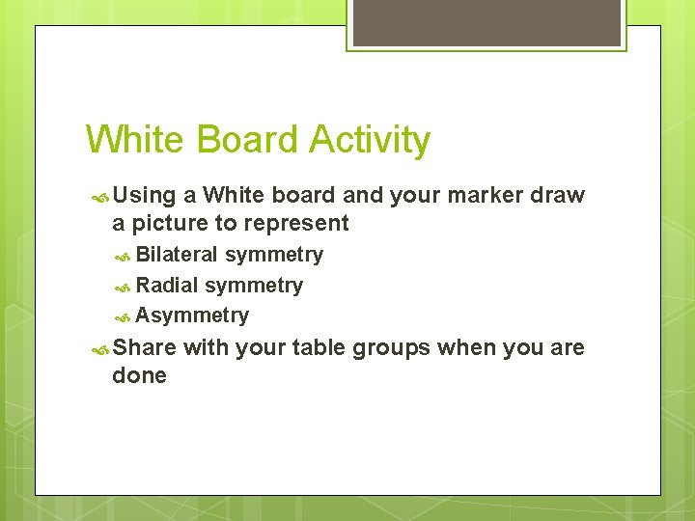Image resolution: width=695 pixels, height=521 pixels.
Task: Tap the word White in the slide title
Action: (x=136, y=140)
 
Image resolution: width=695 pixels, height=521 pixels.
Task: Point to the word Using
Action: (x=144, y=196)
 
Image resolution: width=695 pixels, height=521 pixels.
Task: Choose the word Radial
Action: (x=167, y=286)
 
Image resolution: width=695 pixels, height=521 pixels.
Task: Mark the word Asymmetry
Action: (x=192, y=316)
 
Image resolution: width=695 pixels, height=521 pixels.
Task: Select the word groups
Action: (x=391, y=348)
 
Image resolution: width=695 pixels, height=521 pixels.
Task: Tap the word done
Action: (x=139, y=375)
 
